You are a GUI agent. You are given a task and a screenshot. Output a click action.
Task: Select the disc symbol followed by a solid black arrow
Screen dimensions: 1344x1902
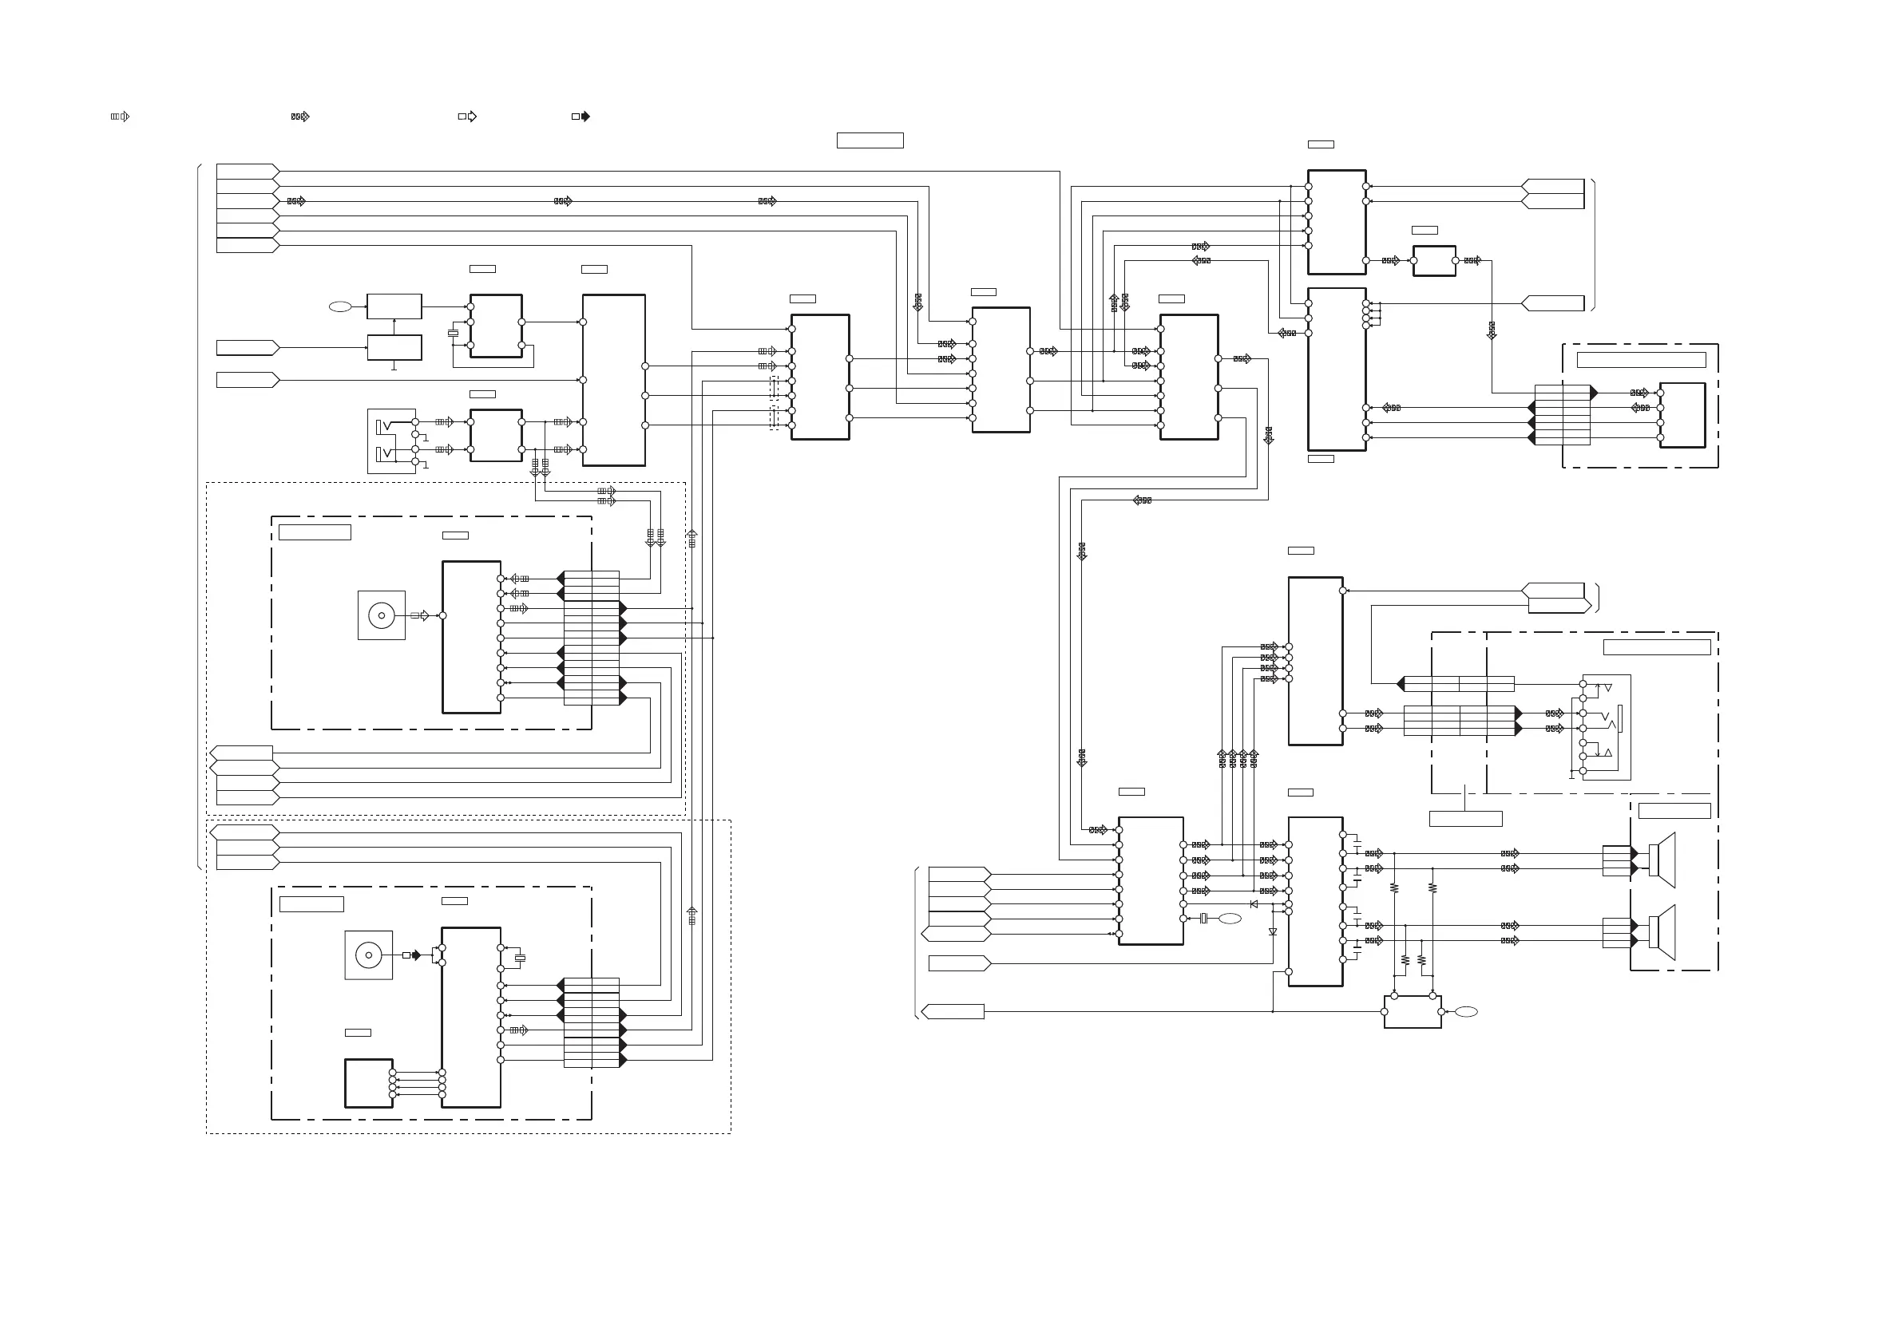pyautogui.click(x=369, y=955)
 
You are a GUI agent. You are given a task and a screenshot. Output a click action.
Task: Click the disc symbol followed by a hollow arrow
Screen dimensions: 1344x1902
pyautogui.click(x=381, y=615)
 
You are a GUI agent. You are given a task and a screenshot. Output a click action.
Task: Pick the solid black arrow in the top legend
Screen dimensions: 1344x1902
pyautogui.click(x=581, y=117)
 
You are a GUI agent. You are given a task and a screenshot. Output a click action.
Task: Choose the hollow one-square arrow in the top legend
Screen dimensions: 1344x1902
pyautogui.click(x=468, y=117)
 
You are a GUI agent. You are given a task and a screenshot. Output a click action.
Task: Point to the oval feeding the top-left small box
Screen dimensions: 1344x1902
pyautogui.click(x=339, y=306)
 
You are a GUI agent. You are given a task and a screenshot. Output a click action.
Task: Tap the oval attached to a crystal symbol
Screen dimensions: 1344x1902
pyautogui.click(x=1230, y=919)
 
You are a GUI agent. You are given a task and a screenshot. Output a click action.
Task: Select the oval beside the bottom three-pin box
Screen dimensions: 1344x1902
pyautogui.click(x=1465, y=1011)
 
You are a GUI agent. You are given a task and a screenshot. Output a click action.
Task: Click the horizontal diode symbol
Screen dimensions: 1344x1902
pyautogui.click(x=1254, y=904)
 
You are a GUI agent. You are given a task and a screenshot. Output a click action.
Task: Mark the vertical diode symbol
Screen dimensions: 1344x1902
pyautogui.click(x=1273, y=932)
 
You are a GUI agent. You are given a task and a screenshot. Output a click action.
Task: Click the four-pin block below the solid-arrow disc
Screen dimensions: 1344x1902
pyautogui.click(x=369, y=1083)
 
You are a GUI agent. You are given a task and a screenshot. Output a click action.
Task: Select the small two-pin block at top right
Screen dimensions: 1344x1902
pyautogui.click(x=1434, y=261)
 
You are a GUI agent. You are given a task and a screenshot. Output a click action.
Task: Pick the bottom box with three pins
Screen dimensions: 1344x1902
pyautogui.click(x=1413, y=1011)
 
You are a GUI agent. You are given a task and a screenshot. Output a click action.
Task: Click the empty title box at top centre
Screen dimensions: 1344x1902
pyautogui.click(x=870, y=140)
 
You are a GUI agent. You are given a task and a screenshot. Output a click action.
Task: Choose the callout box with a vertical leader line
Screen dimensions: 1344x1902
pyautogui.click(x=1465, y=819)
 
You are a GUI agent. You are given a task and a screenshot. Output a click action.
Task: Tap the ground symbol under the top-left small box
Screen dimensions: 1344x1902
pyautogui.click(x=394, y=366)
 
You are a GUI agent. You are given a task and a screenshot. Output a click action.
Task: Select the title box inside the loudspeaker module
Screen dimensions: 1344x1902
pyautogui.click(x=1674, y=811)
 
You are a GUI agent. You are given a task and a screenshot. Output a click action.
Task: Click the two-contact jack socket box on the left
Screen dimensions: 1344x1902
pyautogui.click(x=392, y=441)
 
